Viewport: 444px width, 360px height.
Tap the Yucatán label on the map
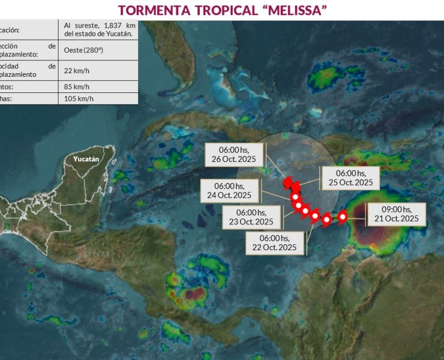86,159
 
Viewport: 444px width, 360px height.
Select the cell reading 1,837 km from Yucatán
97,29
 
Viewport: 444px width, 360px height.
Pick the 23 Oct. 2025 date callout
252,217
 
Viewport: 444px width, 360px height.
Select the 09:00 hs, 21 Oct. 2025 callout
395,214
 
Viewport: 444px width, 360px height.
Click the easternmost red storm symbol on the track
343,216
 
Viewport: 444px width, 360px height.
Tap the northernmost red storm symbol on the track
287,181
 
